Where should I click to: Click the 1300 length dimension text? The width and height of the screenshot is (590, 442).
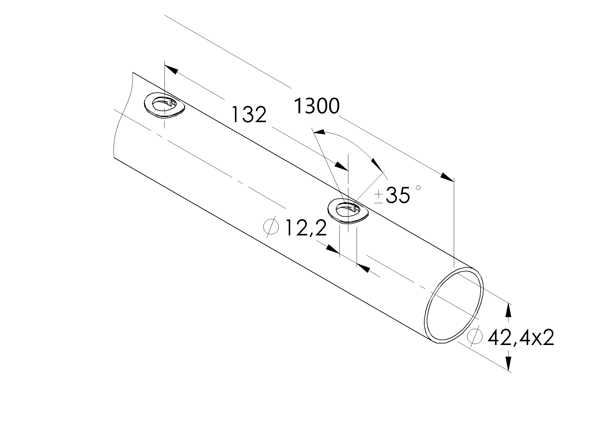[x=317, y=106]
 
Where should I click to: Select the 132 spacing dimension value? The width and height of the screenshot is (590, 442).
[x=249, y=114]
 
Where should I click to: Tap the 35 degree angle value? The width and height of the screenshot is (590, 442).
[x=398, y=195]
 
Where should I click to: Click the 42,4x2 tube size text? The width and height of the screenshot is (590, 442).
[x=521, y=338]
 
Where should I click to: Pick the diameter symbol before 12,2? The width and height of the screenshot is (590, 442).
[x=271, y=227]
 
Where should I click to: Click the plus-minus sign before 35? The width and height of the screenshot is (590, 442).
[x=379, y=197]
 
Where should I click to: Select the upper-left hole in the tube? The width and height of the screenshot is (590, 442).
[x=165, y=105]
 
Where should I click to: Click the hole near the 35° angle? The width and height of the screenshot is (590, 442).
[x=348, y=211]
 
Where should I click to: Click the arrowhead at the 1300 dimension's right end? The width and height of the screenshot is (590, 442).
[x=447, y=177]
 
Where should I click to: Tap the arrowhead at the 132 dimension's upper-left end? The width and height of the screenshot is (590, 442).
[x=172, y=69]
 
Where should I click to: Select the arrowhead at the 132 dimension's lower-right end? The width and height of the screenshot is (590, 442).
[x=342, y=166]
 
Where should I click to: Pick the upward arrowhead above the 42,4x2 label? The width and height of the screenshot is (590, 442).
[x=509, y=310]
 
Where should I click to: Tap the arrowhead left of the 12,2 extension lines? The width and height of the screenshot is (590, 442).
[x=333, y=249]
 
